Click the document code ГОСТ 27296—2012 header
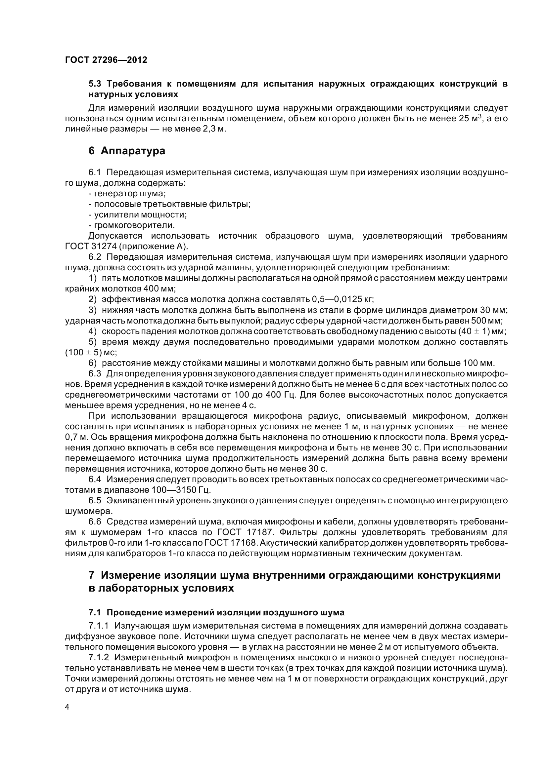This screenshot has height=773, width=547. [106, 60]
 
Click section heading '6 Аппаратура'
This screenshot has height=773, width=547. [127, 151]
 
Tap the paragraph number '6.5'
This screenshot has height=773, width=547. [95, 501]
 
